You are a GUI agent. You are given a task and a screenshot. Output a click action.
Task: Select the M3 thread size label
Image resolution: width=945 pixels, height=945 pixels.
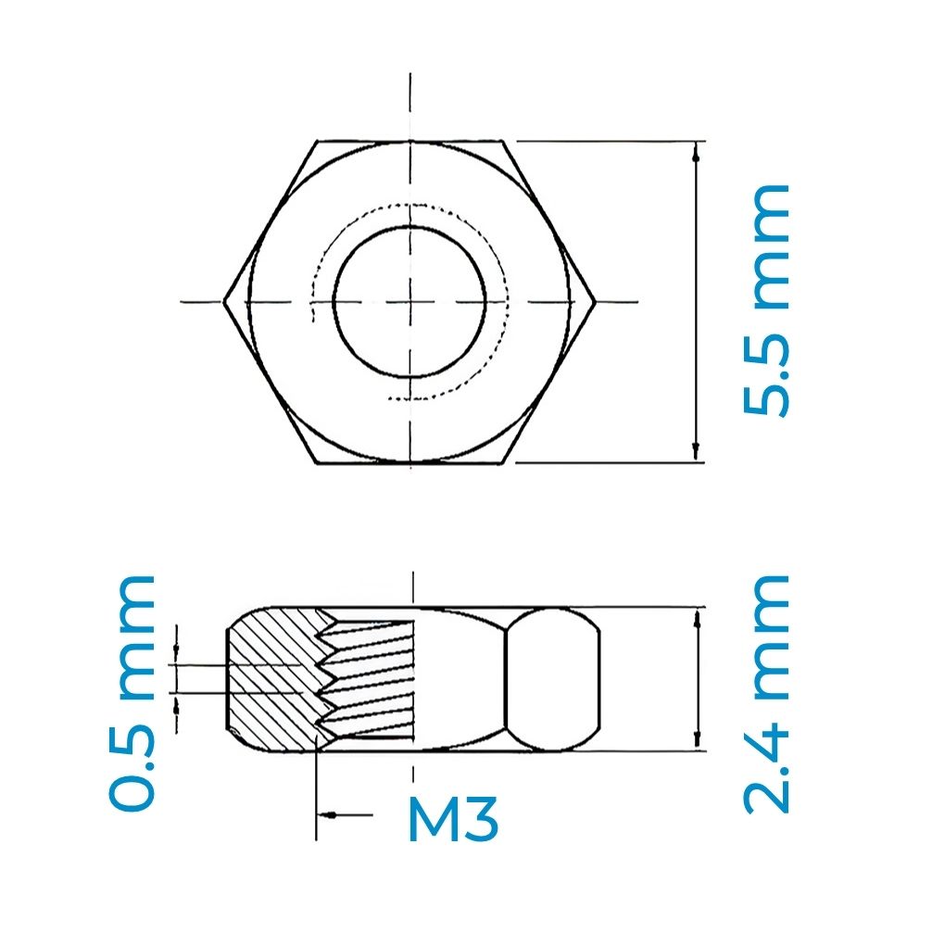pyautogui.click(x=453, y=819)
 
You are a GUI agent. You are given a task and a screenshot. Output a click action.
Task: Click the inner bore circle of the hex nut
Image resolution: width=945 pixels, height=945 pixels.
pyautogui.click(x=409, y=301)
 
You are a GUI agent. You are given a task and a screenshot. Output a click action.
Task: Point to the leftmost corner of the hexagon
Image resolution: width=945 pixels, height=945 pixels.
pyautogui.click(x=225, y=301)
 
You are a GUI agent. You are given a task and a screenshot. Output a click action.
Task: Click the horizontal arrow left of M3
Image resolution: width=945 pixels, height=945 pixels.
pyautogui.click(x=334, y=814)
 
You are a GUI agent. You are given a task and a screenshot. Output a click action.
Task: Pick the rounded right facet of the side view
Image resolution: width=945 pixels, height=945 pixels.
pyautogui.click(x=553, y=679)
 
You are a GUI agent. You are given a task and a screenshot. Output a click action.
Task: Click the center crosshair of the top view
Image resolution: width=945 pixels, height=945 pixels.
pyautogui.click(x=409, y=301)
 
